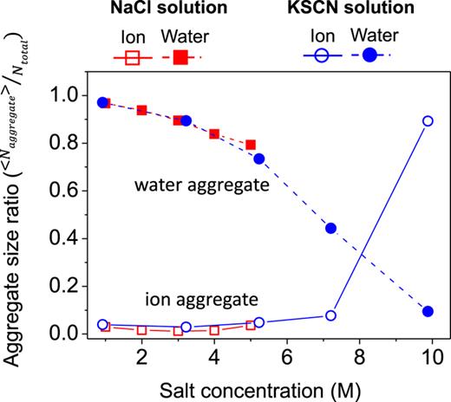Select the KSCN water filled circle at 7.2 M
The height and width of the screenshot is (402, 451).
pyautogui.click(x=330, y=228)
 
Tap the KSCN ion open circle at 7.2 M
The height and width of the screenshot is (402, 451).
pyautogui.click(x=330, y=315)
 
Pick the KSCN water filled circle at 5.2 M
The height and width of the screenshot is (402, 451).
pyautogui.click(x=258, y=159)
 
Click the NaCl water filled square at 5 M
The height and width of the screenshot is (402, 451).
pyautogui.click(x=251, y=145)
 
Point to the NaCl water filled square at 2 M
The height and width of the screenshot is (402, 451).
pyautogui.click(x=141, y=110)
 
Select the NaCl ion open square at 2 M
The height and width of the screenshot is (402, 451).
pyautogui.click(x=141, y=330)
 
